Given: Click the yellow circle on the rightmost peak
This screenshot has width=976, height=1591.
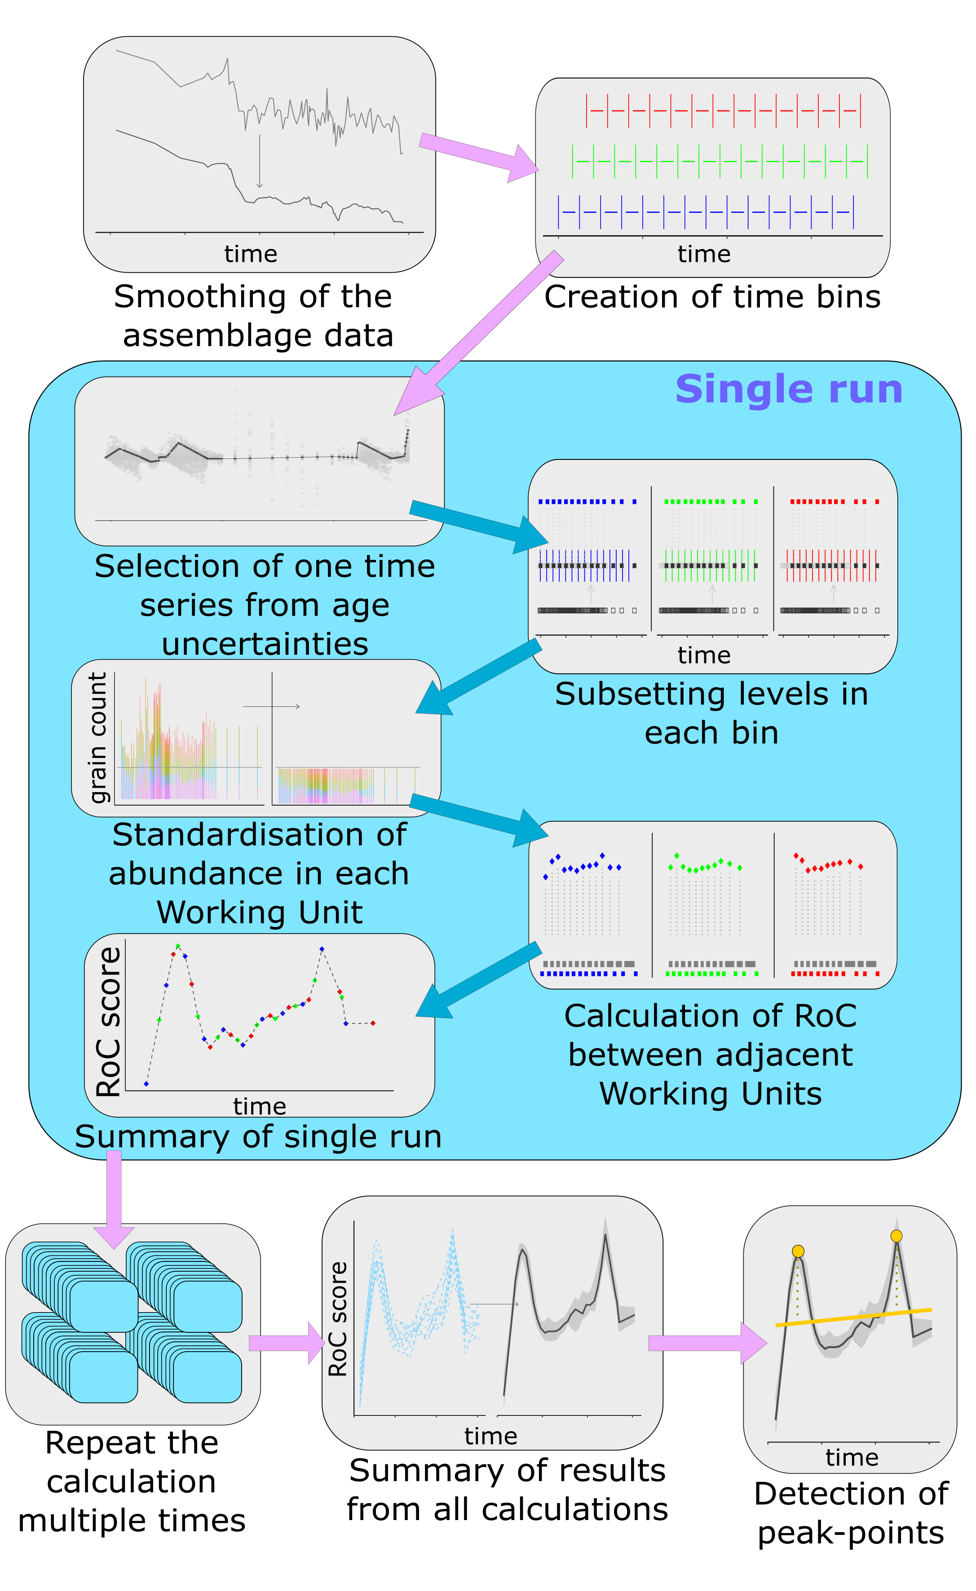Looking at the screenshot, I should pos(896,1236).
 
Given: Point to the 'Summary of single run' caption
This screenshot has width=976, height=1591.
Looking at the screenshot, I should pos(258,1137).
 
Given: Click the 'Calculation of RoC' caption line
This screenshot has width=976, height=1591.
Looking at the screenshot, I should pos(711,1016).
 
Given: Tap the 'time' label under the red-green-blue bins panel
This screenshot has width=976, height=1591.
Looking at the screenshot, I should pos(704,655).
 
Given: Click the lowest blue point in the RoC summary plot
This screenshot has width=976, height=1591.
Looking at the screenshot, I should pos(146,1084).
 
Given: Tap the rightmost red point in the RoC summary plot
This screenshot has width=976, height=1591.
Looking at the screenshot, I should pos(373,1023).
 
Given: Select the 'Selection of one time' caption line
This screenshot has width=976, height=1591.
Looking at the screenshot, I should pos(265,566).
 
